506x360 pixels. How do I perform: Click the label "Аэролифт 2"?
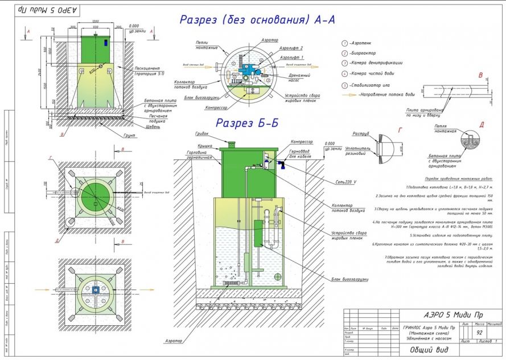[281, 49]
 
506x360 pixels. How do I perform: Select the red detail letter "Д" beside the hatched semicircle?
[482, 125]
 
